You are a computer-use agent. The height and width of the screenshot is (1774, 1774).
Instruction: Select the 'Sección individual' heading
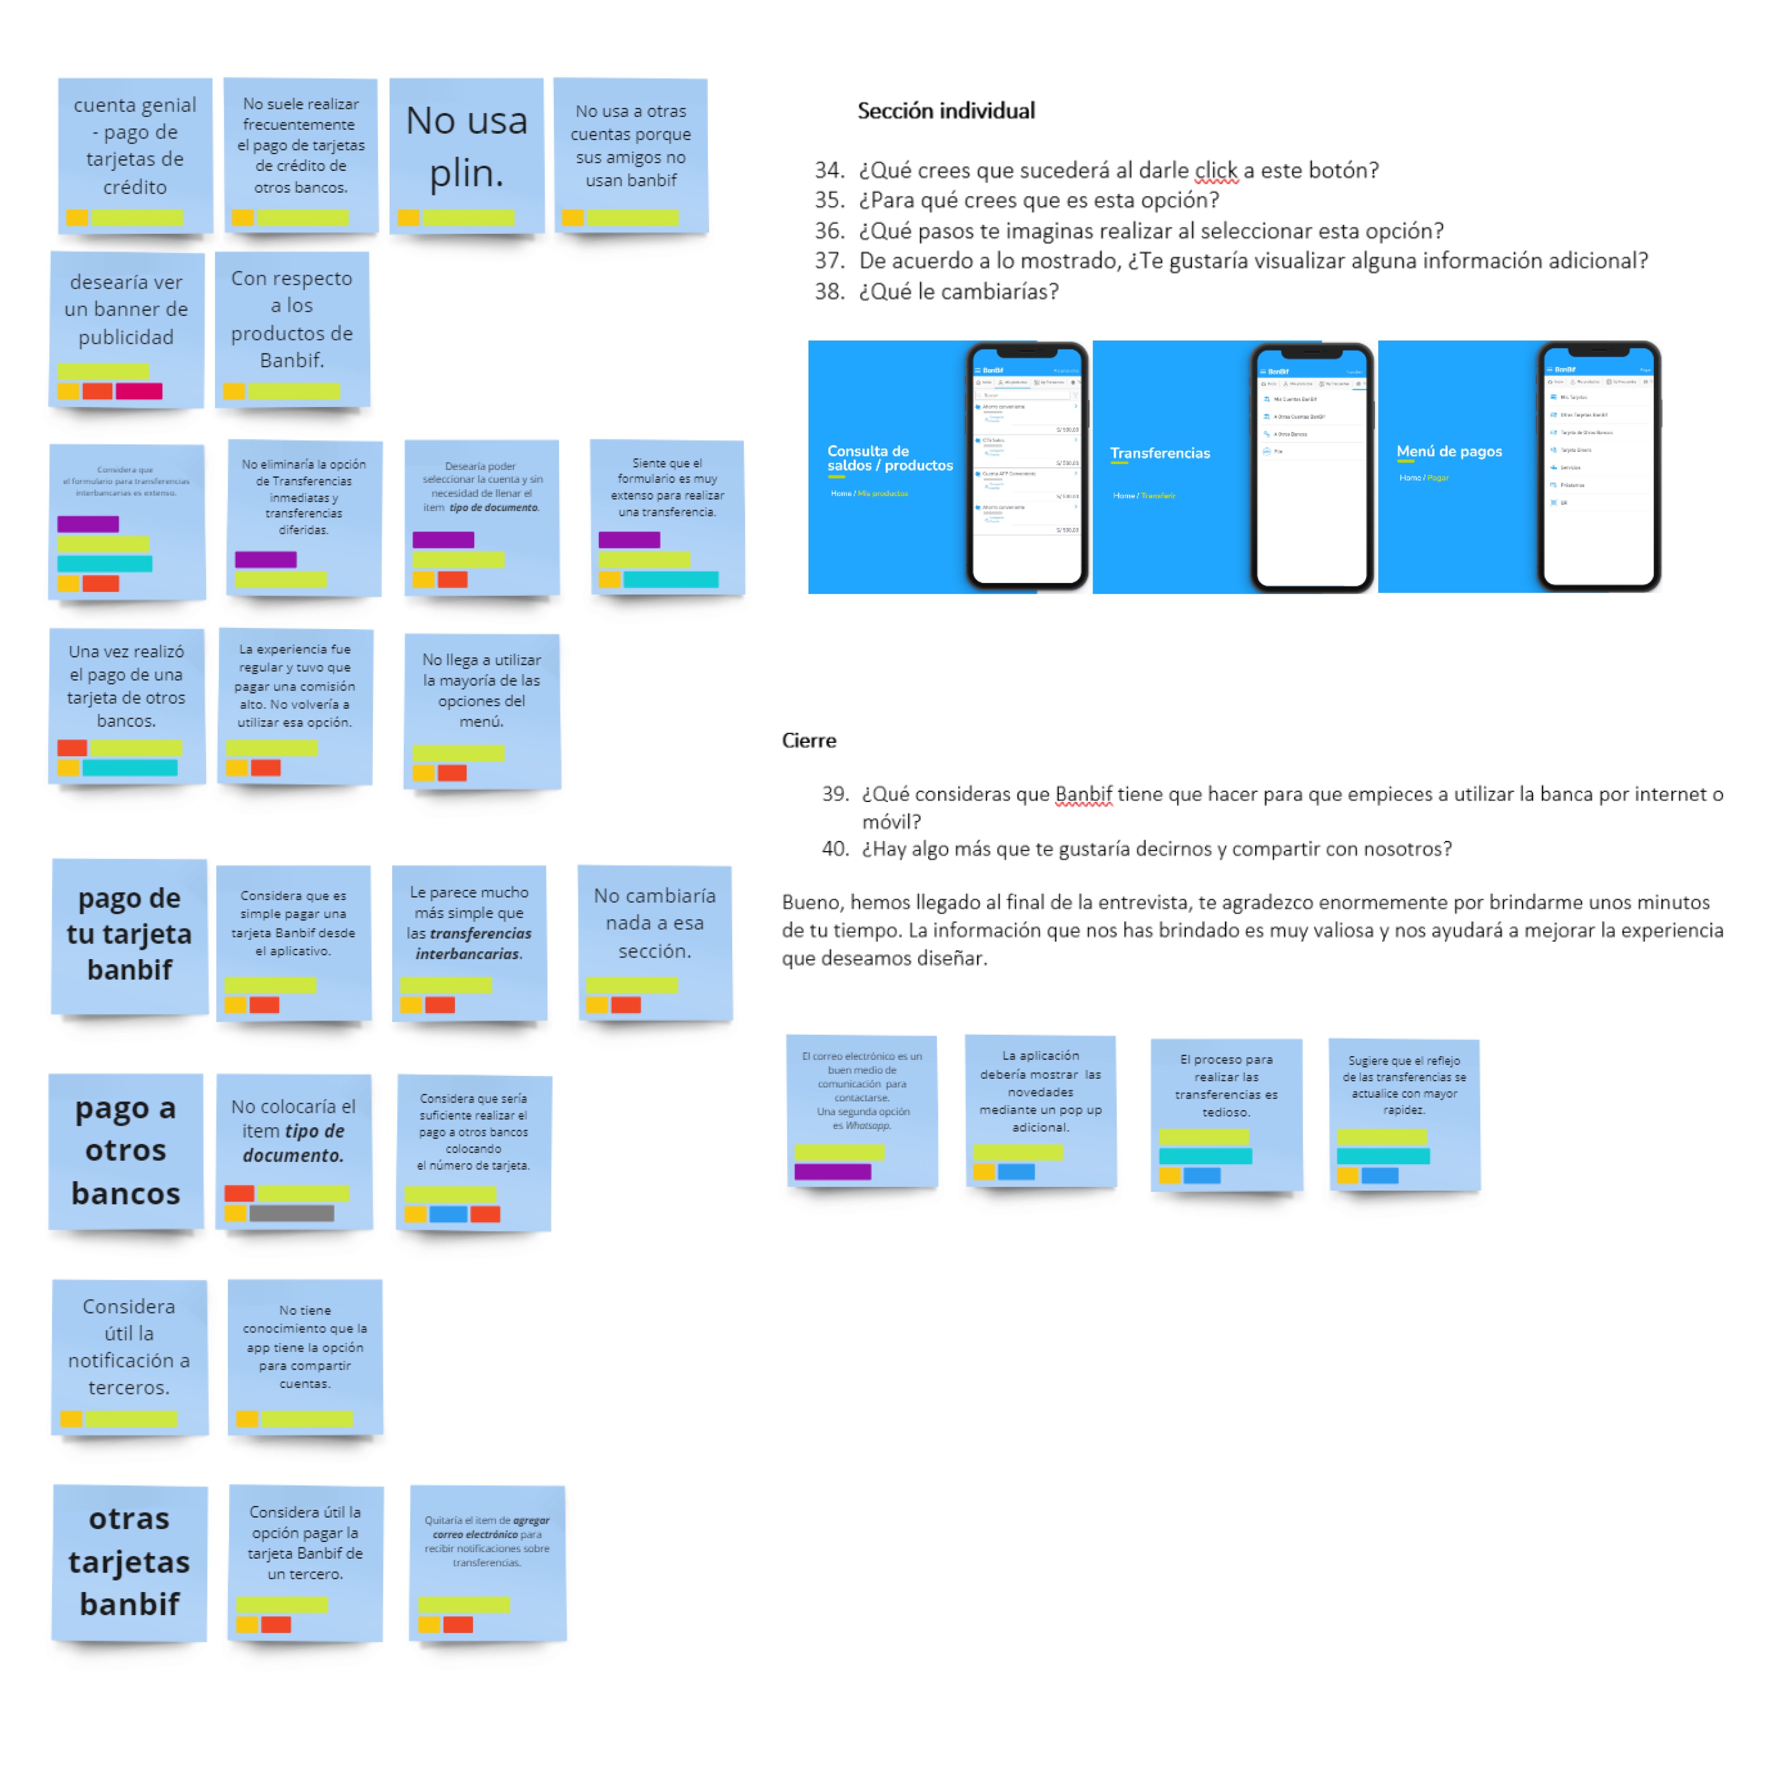946,111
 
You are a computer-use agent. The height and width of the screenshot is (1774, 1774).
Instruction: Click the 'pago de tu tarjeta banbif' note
129,935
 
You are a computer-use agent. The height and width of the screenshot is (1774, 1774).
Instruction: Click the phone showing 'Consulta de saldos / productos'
1027,467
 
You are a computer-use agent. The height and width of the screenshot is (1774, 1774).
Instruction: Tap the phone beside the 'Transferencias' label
1311,468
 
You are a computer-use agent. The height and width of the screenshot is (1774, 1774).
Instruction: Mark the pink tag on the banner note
139,391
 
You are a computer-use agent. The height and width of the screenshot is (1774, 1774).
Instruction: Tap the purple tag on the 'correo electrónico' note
832,1172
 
